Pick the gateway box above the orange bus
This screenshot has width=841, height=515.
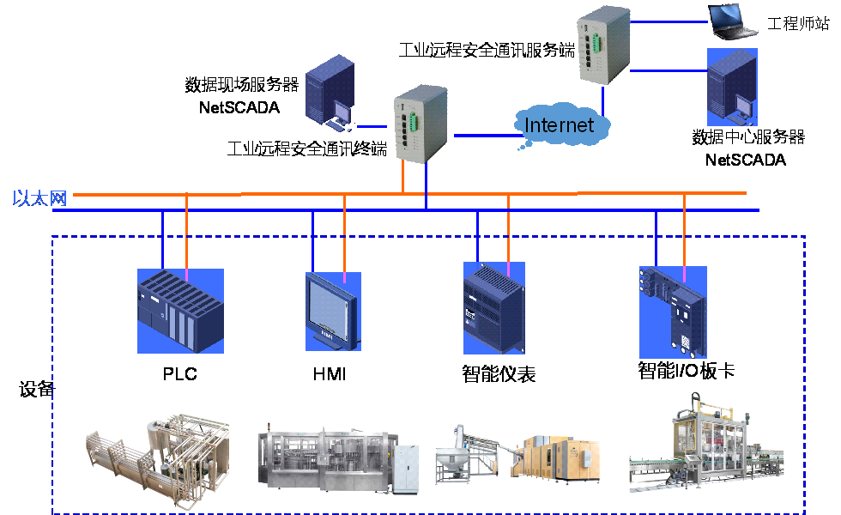[x=421, y=124]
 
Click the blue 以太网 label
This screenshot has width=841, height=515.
[x=39, y=198]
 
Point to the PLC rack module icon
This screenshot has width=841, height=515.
[x=180, y=311]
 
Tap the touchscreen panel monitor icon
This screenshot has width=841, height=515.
[x=332, y=311]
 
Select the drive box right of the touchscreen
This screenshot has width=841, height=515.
[x=493, y=308]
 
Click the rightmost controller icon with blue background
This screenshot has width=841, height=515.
[x=673, y=311]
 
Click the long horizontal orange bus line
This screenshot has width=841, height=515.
[x=257, y=194]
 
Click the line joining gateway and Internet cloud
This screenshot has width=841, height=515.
[x=484, y=135]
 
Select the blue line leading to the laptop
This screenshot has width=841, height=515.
[x=669, y=23]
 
